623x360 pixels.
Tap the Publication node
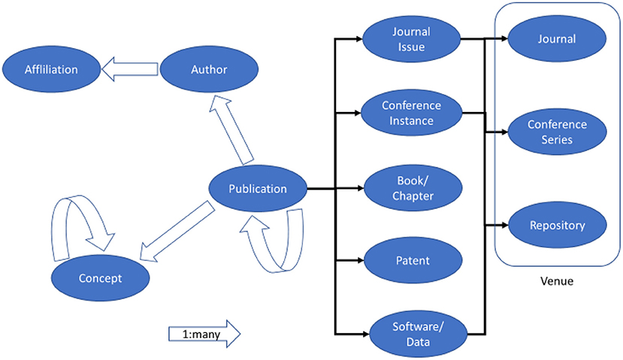(258, 189)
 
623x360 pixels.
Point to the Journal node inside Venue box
(557, 39)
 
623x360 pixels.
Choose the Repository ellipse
(557, 224)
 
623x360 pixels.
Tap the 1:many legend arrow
(203, 331)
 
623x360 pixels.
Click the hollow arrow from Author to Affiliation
(129, 70)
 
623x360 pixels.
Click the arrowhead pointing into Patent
(358, 261)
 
